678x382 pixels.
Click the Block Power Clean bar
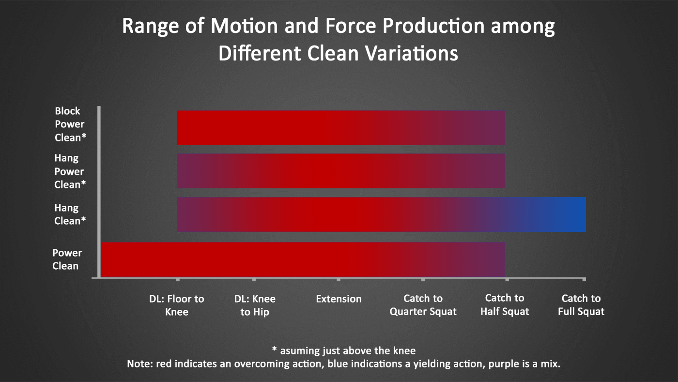(x=341, y=128)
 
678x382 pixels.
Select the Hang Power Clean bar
(x=341, y=171)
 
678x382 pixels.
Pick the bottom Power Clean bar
(x=303, y=260)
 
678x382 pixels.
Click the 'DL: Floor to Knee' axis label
(x=176, y=306)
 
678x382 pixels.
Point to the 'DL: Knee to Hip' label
(x=255, y=306)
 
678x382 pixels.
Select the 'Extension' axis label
(x=339, y=299)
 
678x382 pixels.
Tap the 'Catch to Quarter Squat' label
(x=423, y=306)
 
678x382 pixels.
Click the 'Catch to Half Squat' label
(x=505, y=305)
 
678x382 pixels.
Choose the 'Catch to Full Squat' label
(x=581, y=305)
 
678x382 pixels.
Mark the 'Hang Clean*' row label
(x=69, y=214)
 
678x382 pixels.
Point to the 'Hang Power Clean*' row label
(x=69, y=171)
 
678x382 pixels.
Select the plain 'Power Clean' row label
(x=67, y=260)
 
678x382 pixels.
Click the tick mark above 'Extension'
(x=339, y=279)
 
